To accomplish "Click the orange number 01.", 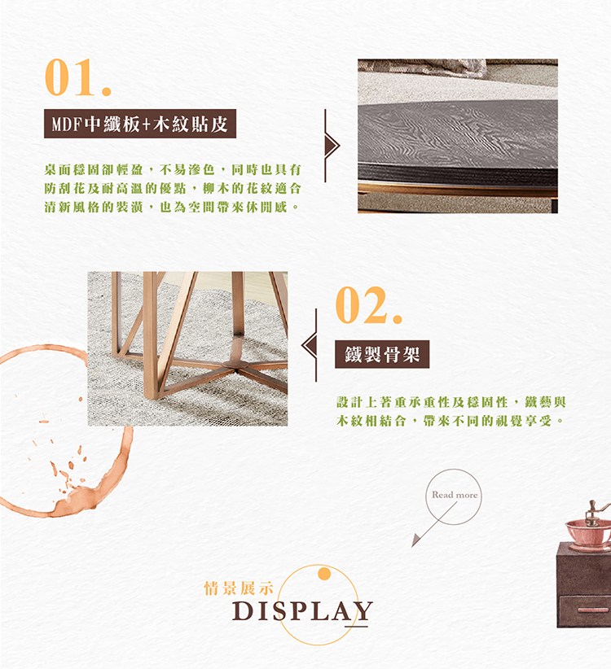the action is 77,77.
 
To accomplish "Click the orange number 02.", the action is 368,305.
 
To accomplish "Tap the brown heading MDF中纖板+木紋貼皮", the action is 140,125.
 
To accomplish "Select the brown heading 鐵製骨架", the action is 382,354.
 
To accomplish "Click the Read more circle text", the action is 455,495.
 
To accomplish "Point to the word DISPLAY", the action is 302,611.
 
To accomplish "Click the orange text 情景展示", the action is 239,588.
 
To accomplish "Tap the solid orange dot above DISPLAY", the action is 324,574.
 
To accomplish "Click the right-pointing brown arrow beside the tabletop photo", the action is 332,146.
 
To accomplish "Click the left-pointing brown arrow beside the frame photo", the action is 309,345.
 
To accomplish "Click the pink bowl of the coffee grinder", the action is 588,532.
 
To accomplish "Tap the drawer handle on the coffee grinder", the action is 593,610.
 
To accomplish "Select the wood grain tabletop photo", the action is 458,136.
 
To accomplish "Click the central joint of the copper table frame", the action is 235,365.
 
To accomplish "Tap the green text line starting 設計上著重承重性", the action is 451,402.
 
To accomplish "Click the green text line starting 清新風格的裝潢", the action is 173,208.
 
